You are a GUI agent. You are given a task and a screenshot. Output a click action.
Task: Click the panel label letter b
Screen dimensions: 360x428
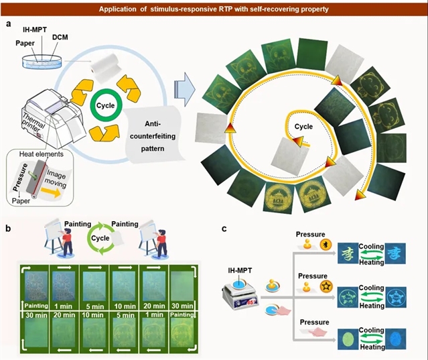coord(8,229)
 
